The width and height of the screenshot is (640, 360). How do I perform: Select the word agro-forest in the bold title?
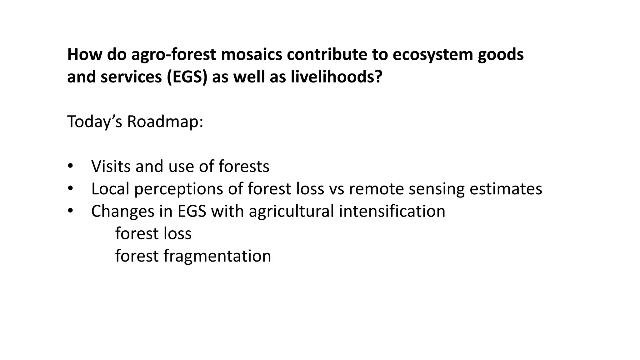(173, 54)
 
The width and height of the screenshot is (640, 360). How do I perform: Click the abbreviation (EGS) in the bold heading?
(187, 77)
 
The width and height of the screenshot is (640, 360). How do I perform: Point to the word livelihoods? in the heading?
(337, 77)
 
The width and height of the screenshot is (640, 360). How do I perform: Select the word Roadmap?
(165, 122)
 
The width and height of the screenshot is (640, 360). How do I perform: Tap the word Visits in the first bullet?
(111, 166)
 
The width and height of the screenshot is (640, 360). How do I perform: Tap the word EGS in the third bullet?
(192, 211)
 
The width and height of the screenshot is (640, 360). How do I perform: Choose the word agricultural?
(291, 212)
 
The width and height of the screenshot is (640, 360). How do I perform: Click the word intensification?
(392, 211)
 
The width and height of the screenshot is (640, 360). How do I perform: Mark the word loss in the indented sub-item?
(178, 234)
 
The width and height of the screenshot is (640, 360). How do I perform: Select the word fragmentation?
(217, 256)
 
